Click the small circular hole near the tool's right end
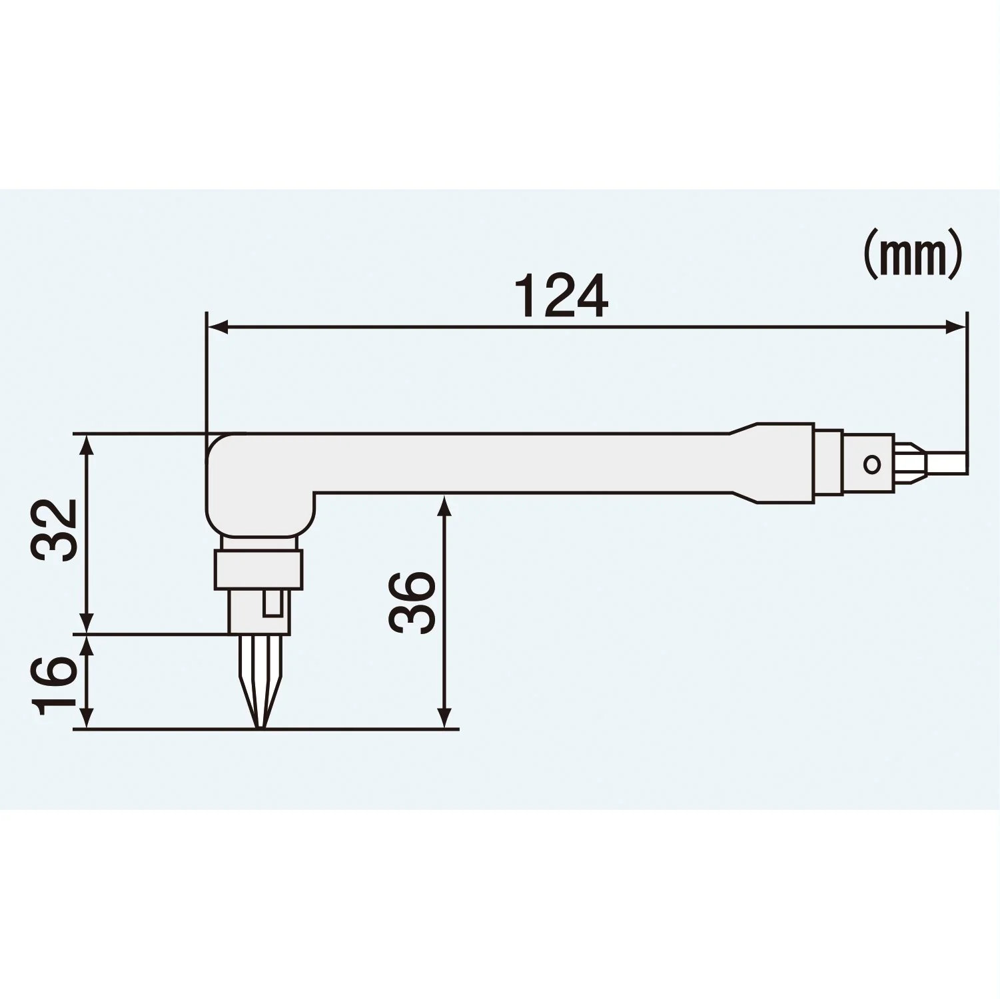[x=870, y=464]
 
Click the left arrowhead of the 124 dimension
[x=218, y=326]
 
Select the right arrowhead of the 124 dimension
[x=955, y=326]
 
